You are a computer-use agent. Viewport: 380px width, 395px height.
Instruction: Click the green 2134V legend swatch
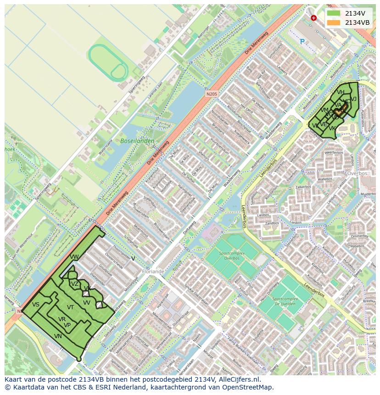coord(334,14)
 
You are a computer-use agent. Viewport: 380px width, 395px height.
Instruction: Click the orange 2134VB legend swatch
coord(334,22)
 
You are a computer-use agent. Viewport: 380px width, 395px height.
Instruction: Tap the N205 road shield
coord(212,94)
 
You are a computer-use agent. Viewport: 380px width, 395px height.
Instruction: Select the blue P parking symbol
coord(302,42)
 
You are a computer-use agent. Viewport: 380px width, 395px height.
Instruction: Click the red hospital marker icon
coord(313,18)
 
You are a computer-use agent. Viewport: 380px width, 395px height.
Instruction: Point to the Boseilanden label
coord(137,141)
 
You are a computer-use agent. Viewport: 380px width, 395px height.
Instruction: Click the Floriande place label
coord(153,272)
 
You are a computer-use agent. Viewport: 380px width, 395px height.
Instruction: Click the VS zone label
coord(36,305)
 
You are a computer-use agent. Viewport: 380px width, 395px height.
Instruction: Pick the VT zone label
coord(70,307)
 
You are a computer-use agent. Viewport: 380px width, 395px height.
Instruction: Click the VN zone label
coord(58,336)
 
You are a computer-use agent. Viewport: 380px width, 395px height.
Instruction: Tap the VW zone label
coord(74,256)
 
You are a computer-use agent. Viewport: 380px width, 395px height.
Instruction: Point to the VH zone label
coord(341,92)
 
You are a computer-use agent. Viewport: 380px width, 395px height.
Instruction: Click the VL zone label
coord(315,125)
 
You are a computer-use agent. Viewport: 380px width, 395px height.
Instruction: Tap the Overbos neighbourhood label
coord(358,174)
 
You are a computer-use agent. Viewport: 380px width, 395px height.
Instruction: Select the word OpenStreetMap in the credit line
coord(249,387)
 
